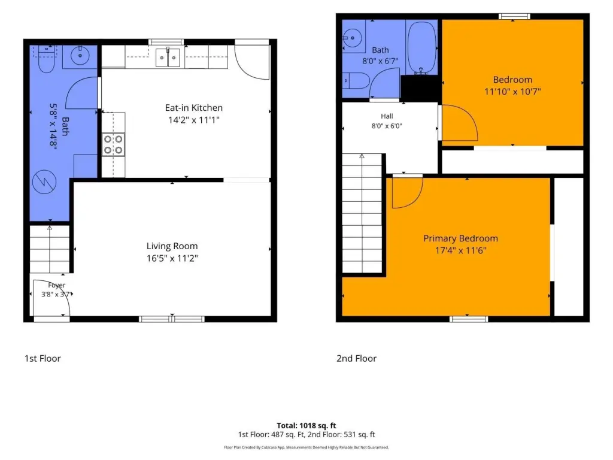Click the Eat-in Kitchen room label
tap(193, 108)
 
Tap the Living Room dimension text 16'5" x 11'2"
tap(172, 258)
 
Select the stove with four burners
tap(113, 145)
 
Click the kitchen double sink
tap(168, 57)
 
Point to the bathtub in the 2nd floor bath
tap(421, 48)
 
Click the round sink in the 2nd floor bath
tap(353, 38)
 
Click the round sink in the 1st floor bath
tap(80, 56)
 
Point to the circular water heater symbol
tap(44, 182)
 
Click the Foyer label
tap(57, 286)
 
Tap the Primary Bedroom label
tap(460, 238)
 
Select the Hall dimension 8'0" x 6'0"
tap(387, 126)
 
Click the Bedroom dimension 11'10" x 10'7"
tap(512, 92)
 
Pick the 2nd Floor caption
tap(357, 358)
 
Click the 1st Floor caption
tap(43, 358)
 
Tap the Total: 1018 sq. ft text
tap(306, 426)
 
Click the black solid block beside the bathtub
tap(420, 89)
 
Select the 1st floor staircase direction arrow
tap(50, 249)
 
